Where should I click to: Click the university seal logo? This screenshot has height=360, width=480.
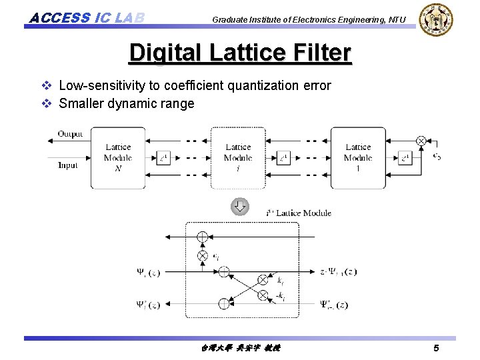[436, 20]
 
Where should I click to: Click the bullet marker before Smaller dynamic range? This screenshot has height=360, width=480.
[46, 103]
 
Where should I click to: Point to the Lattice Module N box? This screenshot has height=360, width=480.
[117, 157]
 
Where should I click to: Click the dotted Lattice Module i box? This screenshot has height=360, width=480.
[237, 157]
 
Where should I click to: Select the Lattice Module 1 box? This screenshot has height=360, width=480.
[358, 157]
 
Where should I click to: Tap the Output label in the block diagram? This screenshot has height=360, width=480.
[70, 134]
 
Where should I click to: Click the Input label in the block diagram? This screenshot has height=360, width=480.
[67, 165]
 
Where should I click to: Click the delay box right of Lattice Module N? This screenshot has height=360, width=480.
[163, 158]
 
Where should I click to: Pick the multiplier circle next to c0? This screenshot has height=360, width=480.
[421, 141]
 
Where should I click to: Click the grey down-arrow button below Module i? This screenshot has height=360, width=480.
[239, 206]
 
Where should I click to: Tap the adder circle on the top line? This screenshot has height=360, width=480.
[203, 237]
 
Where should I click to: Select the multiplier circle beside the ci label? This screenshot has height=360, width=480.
[203, 255]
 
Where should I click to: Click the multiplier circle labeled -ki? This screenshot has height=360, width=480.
[263, 295]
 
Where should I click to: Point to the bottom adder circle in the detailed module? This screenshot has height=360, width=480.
[223, 304]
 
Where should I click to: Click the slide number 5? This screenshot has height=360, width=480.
[435, 348]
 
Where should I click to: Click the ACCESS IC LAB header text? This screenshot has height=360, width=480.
[87, 17]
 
